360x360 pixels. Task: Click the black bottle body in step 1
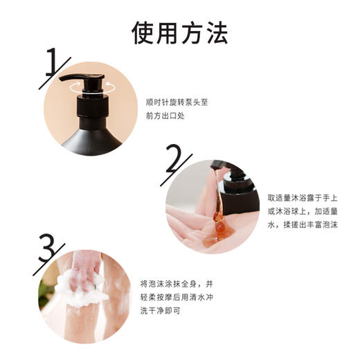90,137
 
